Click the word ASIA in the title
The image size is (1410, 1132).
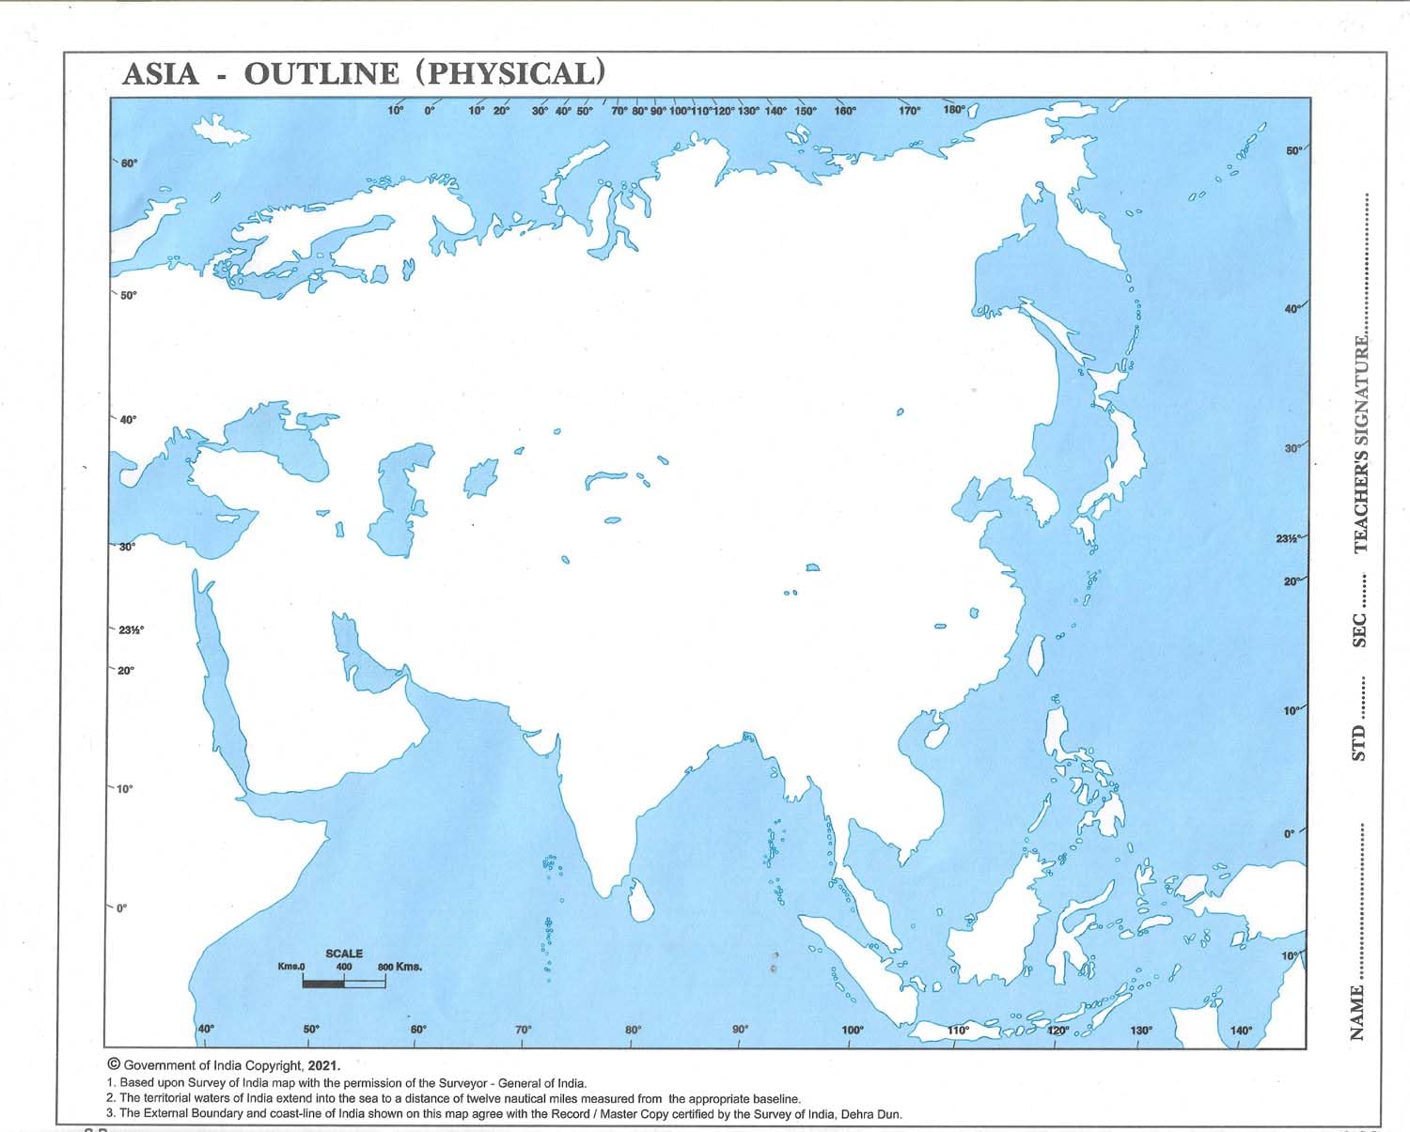click(161, 74)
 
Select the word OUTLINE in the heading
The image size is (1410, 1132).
click(321, 74)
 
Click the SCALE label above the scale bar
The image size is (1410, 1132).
click(344, 954)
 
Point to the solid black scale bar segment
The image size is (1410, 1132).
click(323, 983)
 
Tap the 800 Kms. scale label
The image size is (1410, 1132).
click(399, 967)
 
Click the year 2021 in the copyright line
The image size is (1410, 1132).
click(322, 1066)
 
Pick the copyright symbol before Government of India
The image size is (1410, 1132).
click(114, 1065)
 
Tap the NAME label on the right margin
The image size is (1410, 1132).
click(1357, 1012)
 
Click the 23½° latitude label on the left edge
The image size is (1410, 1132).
click(131, 629)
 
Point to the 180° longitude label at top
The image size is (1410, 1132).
click(953, 110)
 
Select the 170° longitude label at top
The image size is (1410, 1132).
click(909, 111)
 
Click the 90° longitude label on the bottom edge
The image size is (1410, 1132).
click(740, 1031)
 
